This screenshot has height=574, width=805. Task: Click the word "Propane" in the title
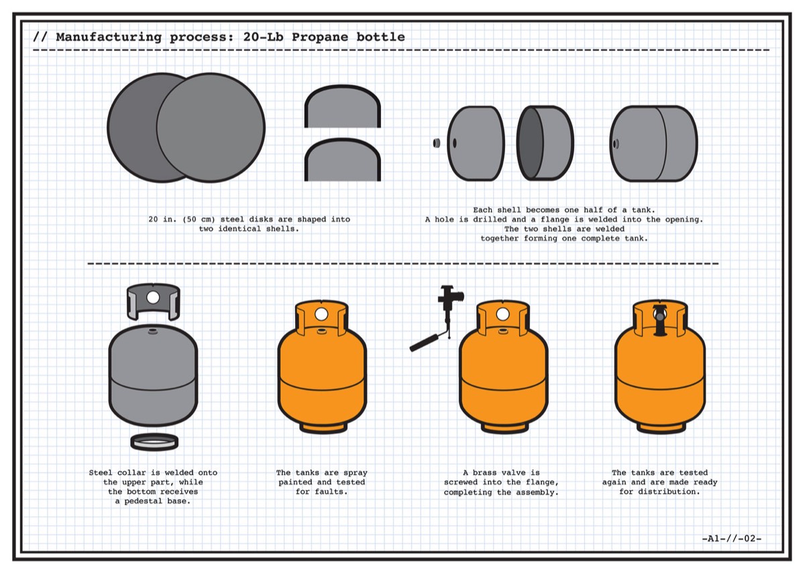[319, 37]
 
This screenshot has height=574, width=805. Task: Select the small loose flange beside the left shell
[436, 143]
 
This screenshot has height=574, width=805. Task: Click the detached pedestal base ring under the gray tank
[154, 441]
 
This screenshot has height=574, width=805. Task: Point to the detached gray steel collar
[154, 302]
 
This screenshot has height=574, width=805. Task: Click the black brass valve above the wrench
[449, 302]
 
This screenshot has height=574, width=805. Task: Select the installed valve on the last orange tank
[660, 321]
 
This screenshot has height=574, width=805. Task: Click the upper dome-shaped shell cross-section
[343, 107]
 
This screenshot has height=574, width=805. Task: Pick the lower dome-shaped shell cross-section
[343, 160]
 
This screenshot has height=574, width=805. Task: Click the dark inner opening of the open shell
[531, 143]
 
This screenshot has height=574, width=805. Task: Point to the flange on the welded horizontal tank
[616, 143]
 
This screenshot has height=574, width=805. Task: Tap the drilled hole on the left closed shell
[455, 143]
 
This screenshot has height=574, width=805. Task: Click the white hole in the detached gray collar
[153, 298]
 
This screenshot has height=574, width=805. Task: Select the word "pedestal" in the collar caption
[143, 501]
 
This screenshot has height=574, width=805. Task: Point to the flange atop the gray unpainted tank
[153, 332]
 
